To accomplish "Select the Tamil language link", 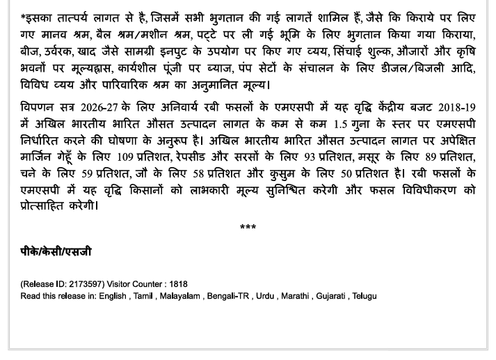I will (x=143, y=296).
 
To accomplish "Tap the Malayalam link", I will (x=179, y=296).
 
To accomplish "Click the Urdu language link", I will (x=265, y=296).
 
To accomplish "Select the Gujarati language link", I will (x=331, y=296).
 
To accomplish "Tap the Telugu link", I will (x=365, y=296).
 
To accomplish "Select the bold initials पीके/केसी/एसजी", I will (x=56, y=251).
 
